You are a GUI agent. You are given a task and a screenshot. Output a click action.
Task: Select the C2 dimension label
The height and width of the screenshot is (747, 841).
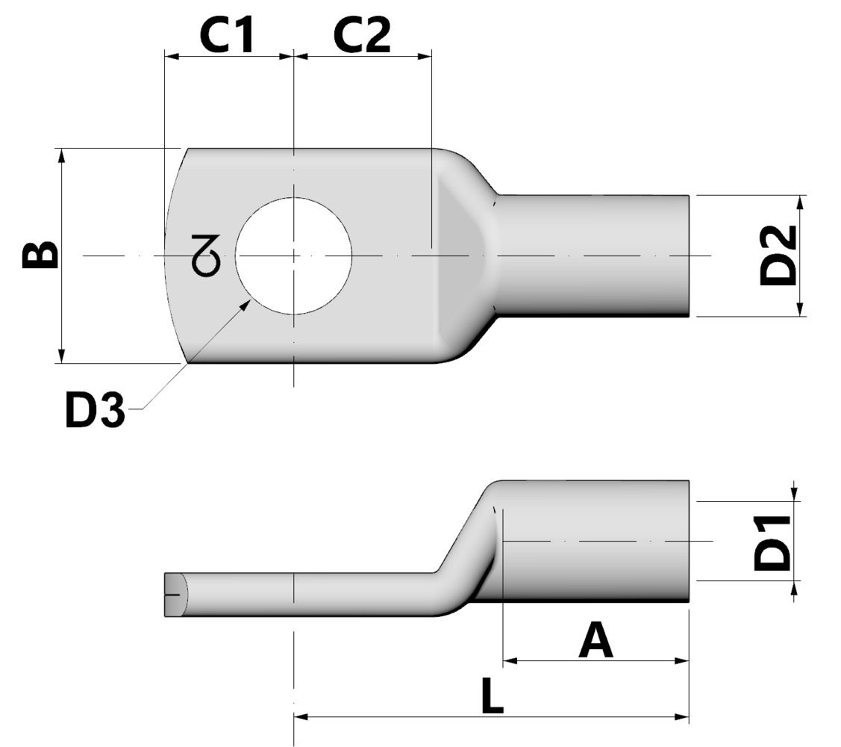tap(361, 36)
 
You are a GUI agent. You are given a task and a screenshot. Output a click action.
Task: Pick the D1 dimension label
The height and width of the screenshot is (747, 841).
tap(772, 542)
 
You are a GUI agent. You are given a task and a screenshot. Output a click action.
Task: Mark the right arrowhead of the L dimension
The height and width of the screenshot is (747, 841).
tap(682, 717)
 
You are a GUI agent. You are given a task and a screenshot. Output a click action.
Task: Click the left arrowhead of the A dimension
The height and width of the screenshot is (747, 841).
tap(510, 660)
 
